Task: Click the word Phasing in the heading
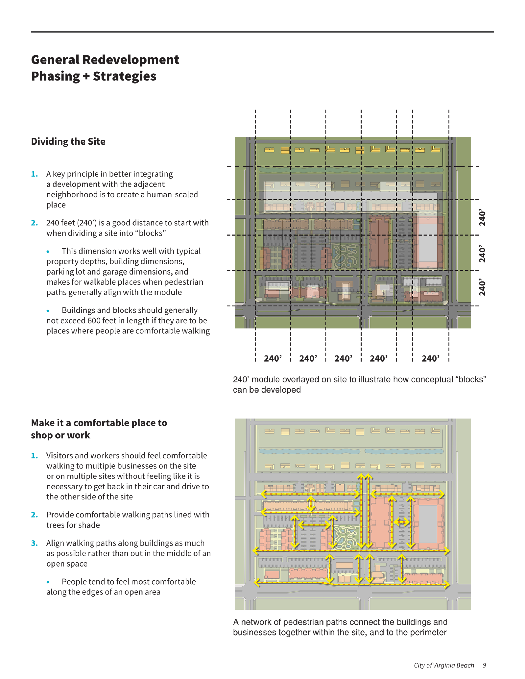click(55, 76)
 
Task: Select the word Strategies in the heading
click(124, 76)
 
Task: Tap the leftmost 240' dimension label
click(273, 359)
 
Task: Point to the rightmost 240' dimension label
click(431, 359)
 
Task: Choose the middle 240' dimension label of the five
click(343, 359)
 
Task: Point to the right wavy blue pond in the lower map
click(404, 451)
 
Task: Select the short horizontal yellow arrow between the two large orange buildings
click(402, 522)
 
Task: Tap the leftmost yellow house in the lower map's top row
click(269, 431)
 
